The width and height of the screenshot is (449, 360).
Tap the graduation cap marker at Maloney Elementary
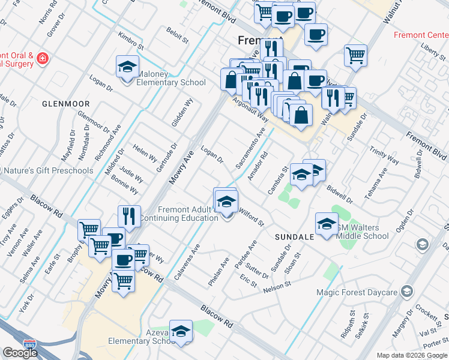[x=128, y=67]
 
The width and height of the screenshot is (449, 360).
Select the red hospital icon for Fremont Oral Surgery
[x=42, y=58]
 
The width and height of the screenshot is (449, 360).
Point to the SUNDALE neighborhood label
[x=294, y=237]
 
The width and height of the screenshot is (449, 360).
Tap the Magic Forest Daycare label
[x=357, y=292]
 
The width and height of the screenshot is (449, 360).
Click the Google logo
[x=20, y=353]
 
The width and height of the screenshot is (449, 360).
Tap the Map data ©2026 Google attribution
[x=412, y=355]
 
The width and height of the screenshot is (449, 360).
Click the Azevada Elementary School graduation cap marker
[x=181, y=331]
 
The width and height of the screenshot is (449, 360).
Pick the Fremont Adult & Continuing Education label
[x=188, y=214]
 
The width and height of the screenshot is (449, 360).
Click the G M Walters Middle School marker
[x=327, y=224]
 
